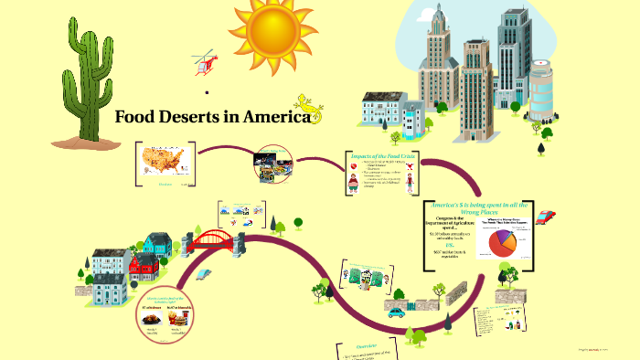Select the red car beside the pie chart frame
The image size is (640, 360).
pyautogui.click(x=546, y=217)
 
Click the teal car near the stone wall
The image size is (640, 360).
pyautogui.click(x=396, y=312)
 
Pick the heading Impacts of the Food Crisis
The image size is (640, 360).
pyautogui.click(x=383, y=156)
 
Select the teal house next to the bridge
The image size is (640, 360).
pyautogui.click(x=158, y=243)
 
